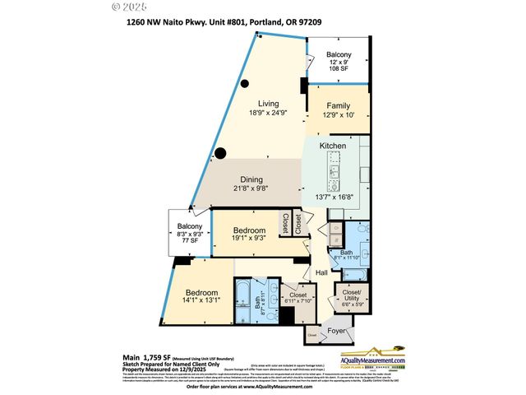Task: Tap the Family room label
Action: (338, 106)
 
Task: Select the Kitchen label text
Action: (333, 146)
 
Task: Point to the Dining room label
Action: (251, 179)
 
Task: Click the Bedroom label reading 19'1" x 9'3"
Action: (248, 230)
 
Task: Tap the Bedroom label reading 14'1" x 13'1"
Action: (201, 294)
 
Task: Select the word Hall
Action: (322, 272)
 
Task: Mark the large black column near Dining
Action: (220, 151)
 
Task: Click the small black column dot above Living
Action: (244, 83)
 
